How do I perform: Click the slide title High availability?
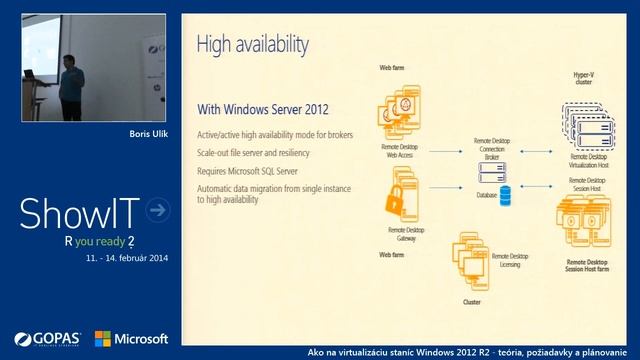pyautogui.click(x=252, y=44)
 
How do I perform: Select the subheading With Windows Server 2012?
pyautogui.click(x=262, y=109)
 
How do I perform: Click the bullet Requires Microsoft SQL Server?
pyautogui.click(x=247, y=170)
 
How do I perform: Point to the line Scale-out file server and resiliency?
pyautogui.click(x=253, y=152)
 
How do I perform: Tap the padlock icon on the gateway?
pyautogui.click(x=394, y=199)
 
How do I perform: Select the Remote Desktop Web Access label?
pyautogui.click(x=401, y=150)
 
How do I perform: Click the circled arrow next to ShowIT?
pyautogui.click(x=157, y=209)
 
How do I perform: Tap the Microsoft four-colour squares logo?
pyautogui.click(x=102, y=338)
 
